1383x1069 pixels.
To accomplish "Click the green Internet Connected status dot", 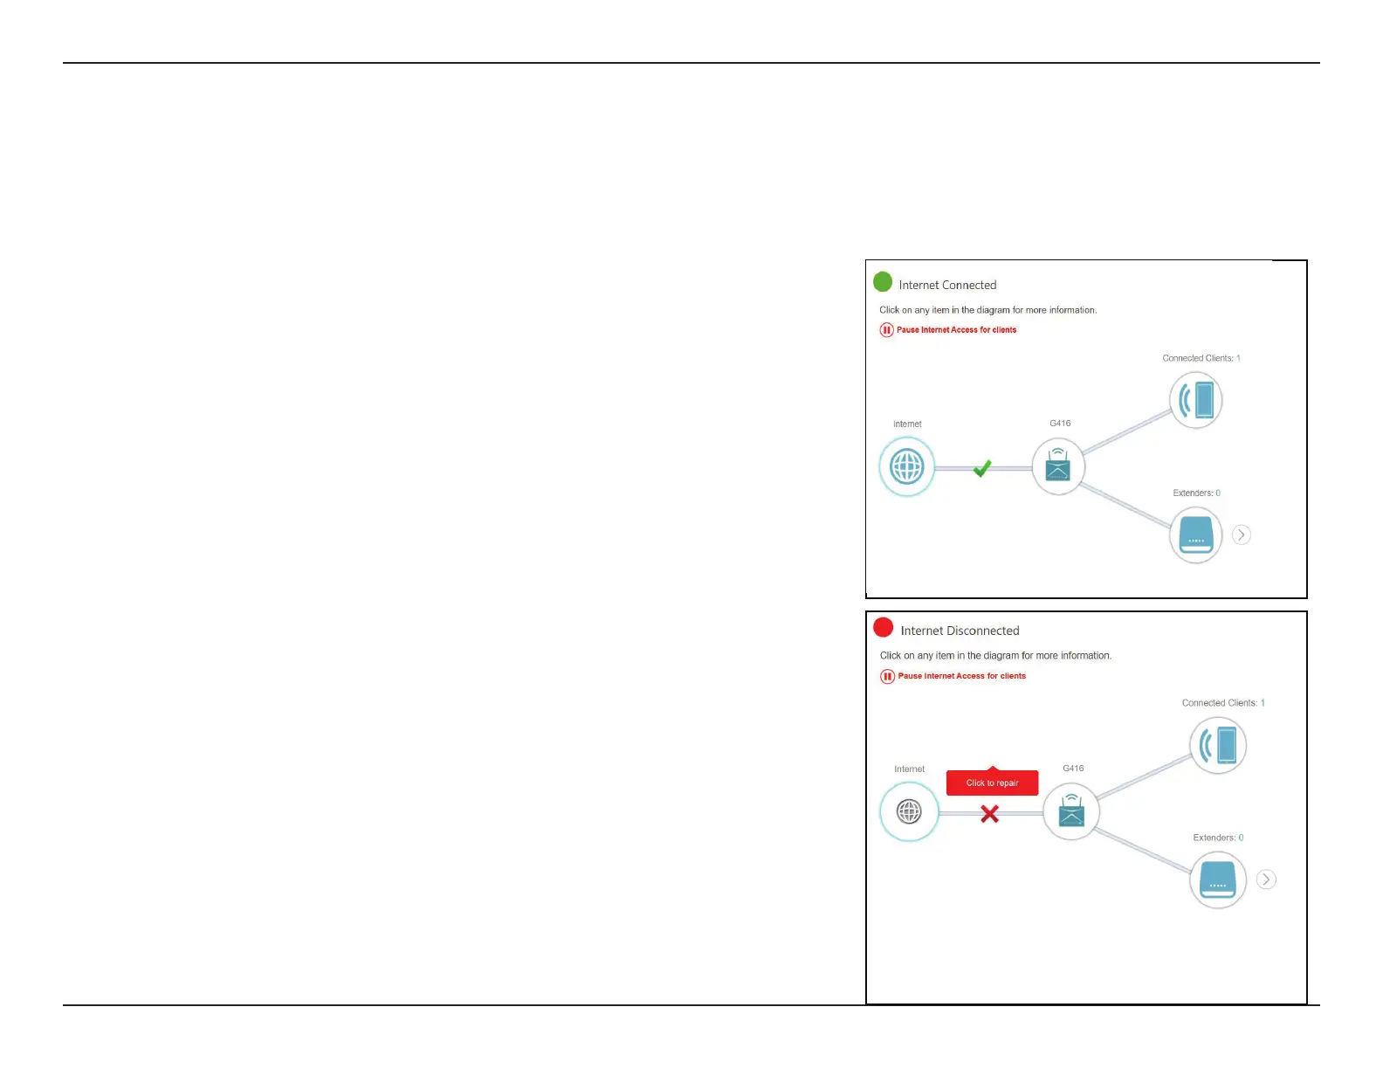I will click(x=883, y=282).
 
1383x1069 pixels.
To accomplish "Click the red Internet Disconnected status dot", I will click(x=884, y=628).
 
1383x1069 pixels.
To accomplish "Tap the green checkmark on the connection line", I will click(x=982, y=469).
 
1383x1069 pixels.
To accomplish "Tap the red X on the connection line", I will click(x=989, y=814).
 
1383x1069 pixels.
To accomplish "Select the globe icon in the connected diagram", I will click(x=906, y=467).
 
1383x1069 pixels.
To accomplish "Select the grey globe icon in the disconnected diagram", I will click(x=909, y=812).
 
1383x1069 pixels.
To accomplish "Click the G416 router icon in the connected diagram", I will click(x=1058, y=466).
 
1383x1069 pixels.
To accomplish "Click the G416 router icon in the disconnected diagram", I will click(x=1071, y=812).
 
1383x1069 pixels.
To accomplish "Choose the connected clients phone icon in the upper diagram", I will click(x=1196, y=400).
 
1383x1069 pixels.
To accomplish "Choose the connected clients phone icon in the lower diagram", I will click(x=1218, y=746).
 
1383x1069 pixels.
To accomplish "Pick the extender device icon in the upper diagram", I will click(x=1195, y=534).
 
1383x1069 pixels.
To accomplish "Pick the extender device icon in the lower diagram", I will click(x=1218, y=879).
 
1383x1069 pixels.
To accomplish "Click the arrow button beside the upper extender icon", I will click(x=1242, y=534).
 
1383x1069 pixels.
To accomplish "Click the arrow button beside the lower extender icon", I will click(x=1266, y=879).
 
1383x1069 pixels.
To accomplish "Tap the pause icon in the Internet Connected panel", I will click(x=886, y=330).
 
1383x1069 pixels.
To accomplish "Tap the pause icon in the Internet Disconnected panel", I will click(x=888, y=676).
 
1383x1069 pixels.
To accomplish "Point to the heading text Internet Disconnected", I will click(x=960, y=631).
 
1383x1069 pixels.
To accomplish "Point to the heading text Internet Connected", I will click(x=947, y=286).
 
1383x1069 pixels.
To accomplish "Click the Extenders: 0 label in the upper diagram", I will click(x=1196, y=493).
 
